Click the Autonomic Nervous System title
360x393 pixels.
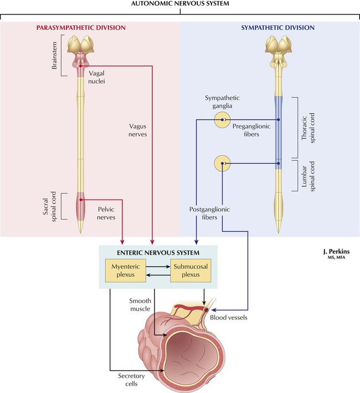(x=179, y=4)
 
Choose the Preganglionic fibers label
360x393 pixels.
(x=253, y=130)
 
